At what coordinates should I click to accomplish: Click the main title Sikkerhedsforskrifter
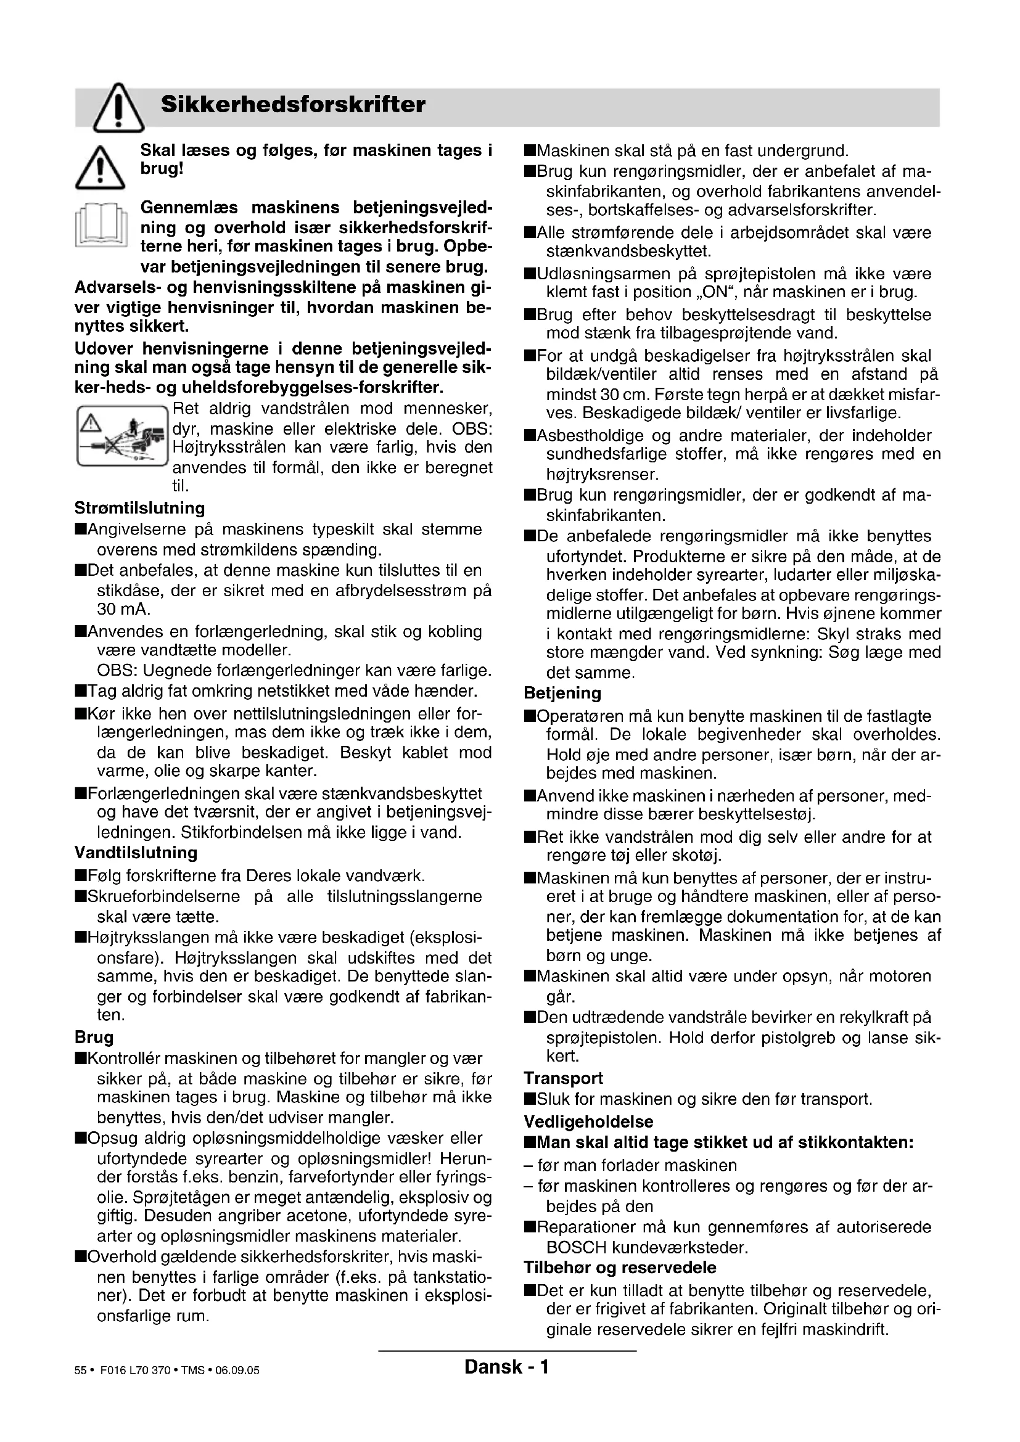tap(293, 104)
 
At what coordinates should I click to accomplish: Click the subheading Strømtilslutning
tap(139, 507)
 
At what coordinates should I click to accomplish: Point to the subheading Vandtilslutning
tap(136, 853)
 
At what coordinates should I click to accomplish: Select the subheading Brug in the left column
tap(94, 1037)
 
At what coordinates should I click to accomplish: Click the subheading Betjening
tap(562, 693)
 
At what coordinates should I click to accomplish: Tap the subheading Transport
tap(564, 1078)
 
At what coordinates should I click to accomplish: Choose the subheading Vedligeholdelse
tap(588, 1121)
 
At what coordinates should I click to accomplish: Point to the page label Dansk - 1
tap(506, 1367)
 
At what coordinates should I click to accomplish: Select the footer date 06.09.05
tap(237, 1370)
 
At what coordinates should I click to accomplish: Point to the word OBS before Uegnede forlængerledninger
tap(115, 670)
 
